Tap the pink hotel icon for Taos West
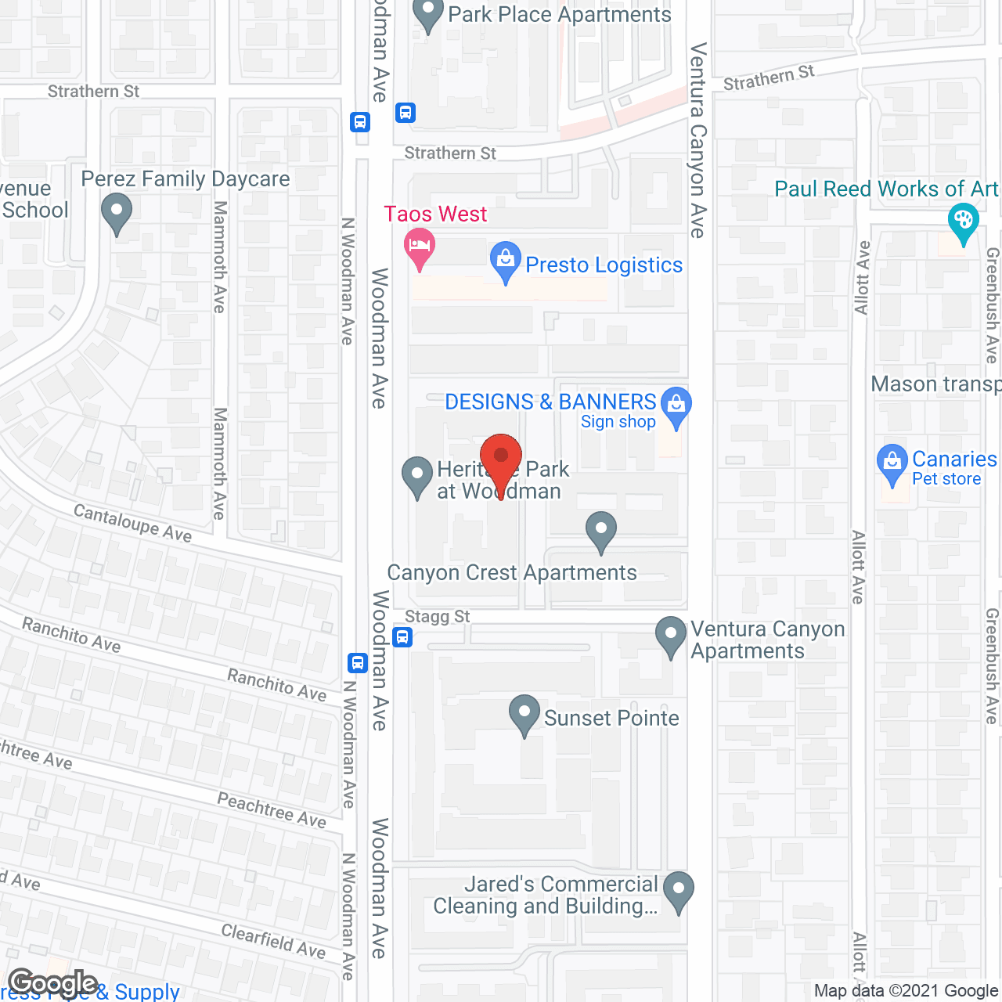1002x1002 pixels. [420, 247]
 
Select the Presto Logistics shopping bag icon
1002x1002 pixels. [506, 260]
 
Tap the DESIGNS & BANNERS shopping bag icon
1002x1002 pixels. [676, 405]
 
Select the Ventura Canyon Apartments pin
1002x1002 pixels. [671, 635]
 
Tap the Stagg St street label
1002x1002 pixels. [438, 617]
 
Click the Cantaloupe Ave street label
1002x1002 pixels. [132, 522]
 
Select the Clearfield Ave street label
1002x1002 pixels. [273, 940]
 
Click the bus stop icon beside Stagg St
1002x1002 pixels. [402, 636]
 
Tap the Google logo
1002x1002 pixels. [52, 983]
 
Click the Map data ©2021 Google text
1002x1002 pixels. [906, 991]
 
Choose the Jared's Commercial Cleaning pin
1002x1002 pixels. [678, 890]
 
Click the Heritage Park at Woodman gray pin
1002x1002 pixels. [416, 475]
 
